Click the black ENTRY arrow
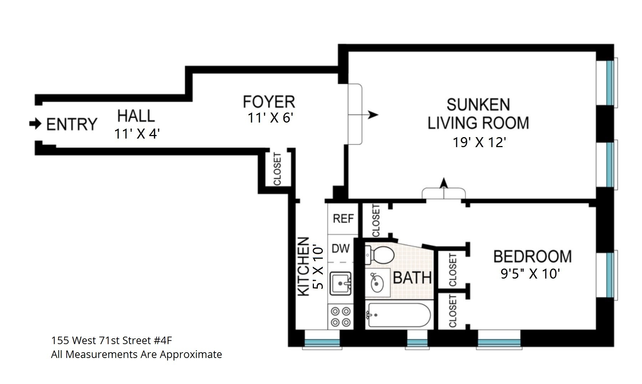tap(35, 124)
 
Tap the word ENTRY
tap(72, 125)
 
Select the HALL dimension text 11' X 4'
tap(137, 134)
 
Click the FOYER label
tap(269, 102)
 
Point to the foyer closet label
tap(277, 169)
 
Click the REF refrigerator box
tap(343, 218)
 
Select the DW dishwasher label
tap(341, 248)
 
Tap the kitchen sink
tap(341, 283)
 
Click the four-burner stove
tap(341, 317)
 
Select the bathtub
tap(398, 315)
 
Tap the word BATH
tap(412, 278)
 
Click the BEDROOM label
tap(532, 257)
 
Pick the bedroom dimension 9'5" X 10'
tap(530, 274)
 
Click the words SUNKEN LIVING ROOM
tap(478, 114)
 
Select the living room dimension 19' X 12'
tap(479, 142)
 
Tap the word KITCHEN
tap(303, 266)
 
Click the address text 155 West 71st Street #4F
tap(112, 341)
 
